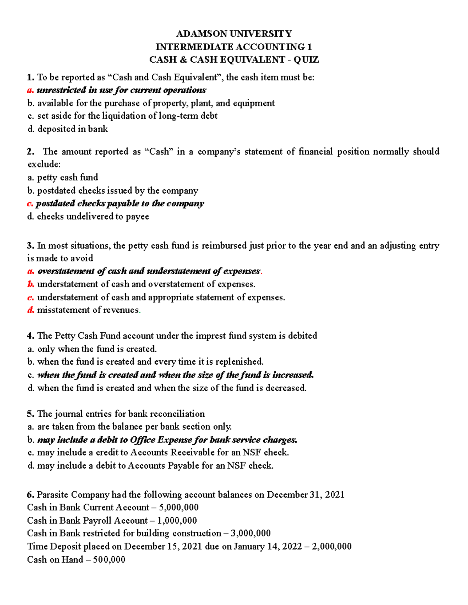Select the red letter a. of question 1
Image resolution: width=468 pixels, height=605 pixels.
(30, 90)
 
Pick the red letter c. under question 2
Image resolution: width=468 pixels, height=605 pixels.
(30, 203)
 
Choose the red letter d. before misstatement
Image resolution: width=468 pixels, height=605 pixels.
(30, 310)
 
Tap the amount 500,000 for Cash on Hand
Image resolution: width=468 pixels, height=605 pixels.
(109, 560)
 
